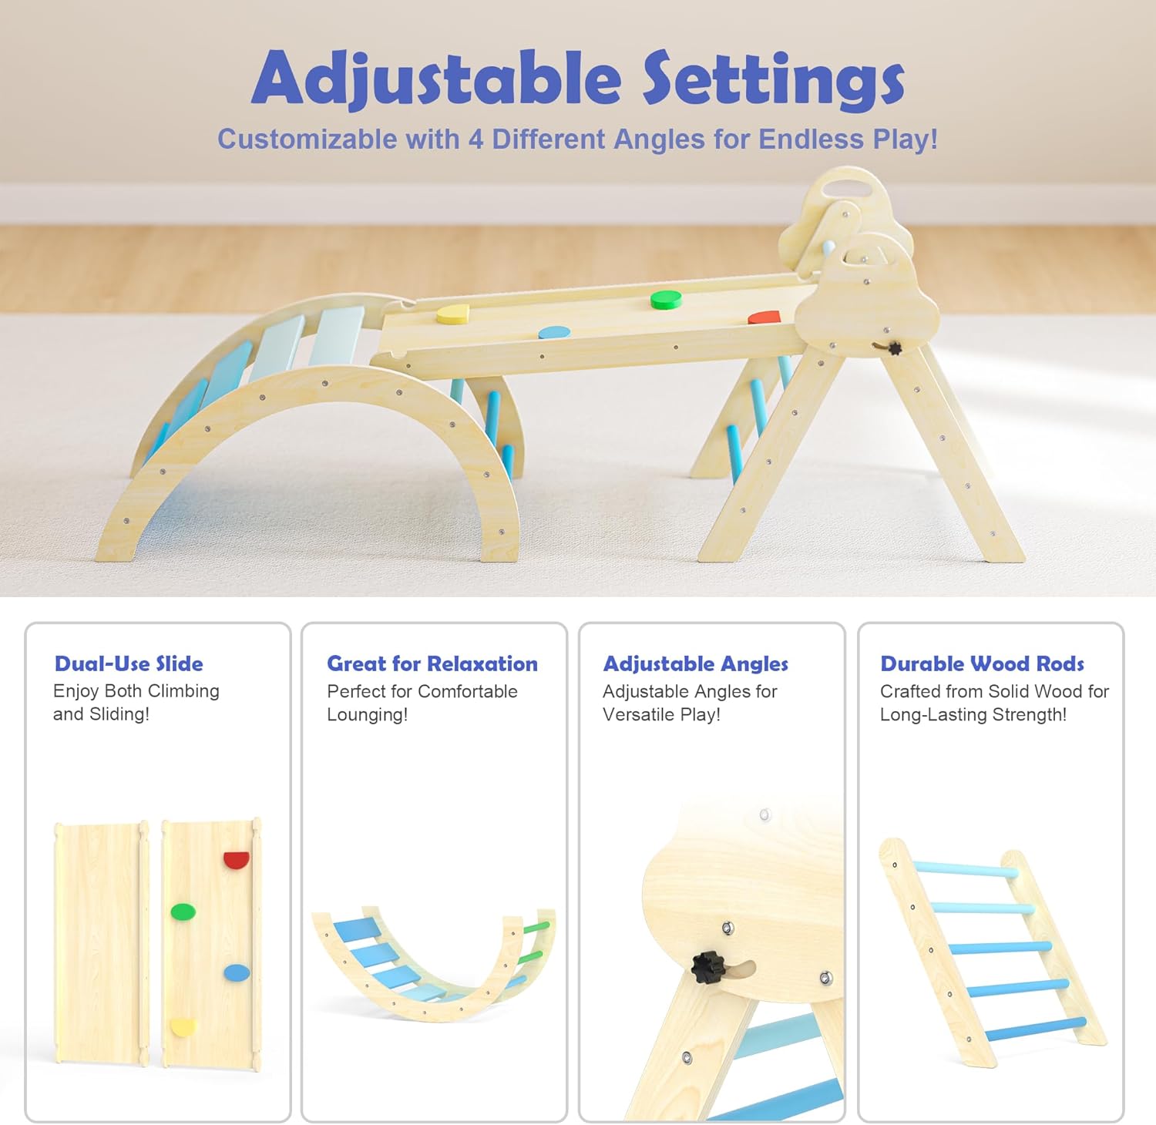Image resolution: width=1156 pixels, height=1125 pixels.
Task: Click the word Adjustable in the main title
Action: point(436,79)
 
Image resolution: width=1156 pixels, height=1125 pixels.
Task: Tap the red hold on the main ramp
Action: point(764,317)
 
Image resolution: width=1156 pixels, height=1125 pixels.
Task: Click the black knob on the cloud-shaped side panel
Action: point(894,348)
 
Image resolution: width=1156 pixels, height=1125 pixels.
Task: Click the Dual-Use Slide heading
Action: point(129,663)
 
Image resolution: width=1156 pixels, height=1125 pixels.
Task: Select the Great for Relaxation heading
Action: point(432,663)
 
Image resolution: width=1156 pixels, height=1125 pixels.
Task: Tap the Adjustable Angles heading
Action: point(695,664)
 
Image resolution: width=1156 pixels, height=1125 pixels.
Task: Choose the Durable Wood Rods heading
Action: point(982,663)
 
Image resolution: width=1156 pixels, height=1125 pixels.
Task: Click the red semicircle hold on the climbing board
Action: point(237,860)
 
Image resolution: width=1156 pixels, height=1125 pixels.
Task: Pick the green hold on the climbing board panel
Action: point(183,912)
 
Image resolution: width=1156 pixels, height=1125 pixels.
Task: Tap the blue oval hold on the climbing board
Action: point(237,973)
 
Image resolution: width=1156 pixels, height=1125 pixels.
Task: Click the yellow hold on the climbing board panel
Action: point(183,1027)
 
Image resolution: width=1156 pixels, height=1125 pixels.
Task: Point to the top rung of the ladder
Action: point(966,870)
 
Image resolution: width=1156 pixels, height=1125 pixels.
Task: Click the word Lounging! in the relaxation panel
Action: point(367,715)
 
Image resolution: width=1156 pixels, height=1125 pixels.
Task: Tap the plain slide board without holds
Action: point(101,943)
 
